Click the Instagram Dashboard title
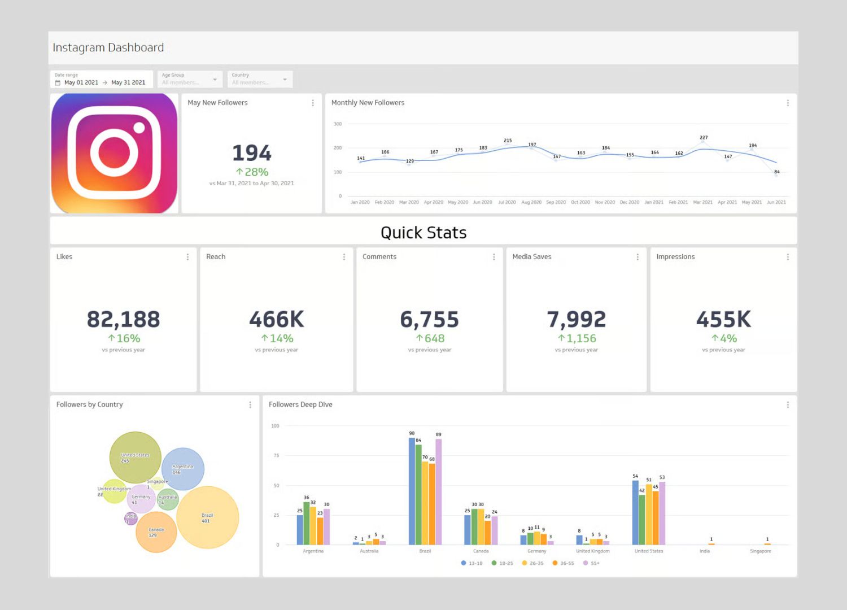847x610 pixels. (x=108, y=47)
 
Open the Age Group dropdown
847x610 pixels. (x=190, y=79)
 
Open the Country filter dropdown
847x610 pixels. (x=260, y=79)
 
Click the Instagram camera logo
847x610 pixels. (x=115, y=153)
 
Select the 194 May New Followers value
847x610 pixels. (x=252, y=153)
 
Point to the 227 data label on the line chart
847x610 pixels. (x=704, y=137)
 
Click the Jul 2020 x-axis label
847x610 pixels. (x=507, y=202)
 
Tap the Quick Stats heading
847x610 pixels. (x=423, y=233)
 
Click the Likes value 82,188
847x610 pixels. (x=123, y=320)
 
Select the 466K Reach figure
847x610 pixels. (x=277, y=320)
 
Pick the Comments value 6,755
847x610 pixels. (x=429, y=320)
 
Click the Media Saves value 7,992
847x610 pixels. (x=576, y=320)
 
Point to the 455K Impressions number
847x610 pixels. (x=723, y=320)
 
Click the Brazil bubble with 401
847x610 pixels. (x=208, y=517)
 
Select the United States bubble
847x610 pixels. (x=136, y=457)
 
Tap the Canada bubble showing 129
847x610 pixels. (x=156, y=532)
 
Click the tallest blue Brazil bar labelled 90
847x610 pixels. (x=412, y=491)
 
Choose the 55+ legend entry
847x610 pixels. (x=592, y=563)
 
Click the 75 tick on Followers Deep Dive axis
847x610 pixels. (x=276, y=455)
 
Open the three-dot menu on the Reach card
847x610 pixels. (x=344, y=257)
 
